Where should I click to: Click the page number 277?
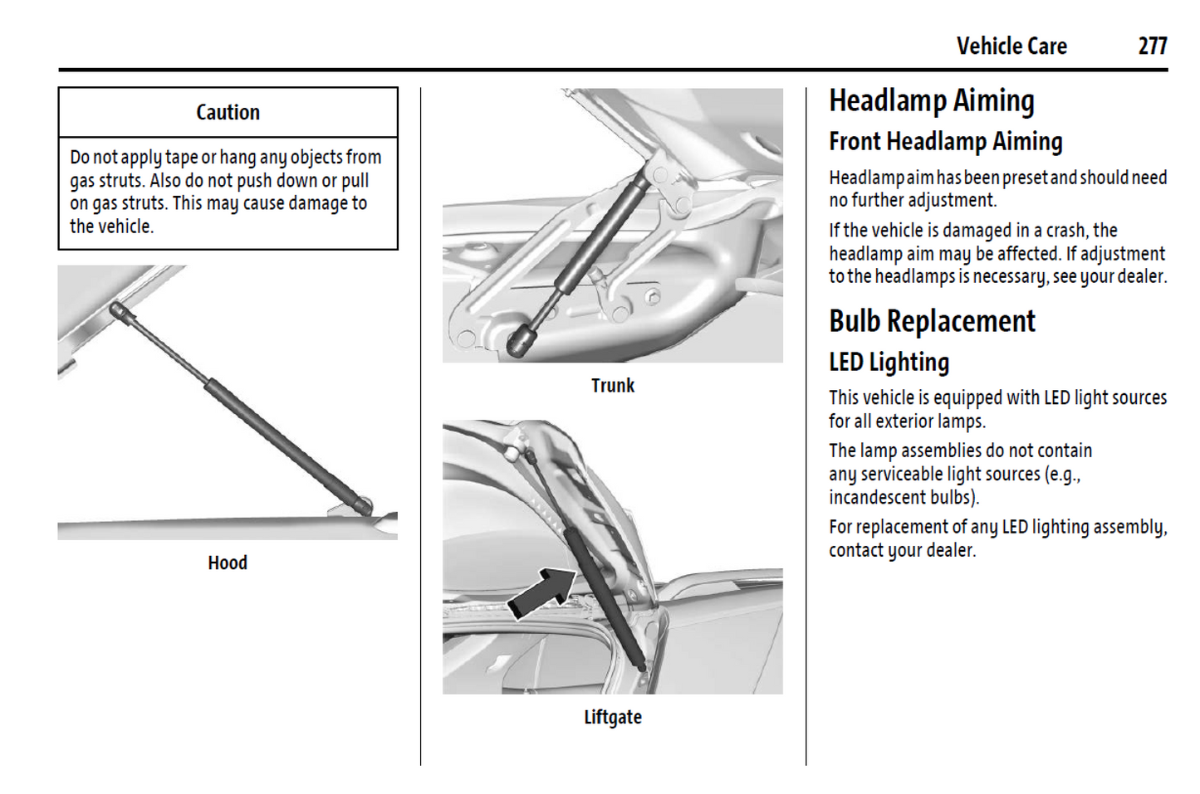1153,46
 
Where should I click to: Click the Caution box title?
228,112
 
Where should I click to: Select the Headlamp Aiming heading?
932,101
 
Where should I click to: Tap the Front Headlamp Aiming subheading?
946,142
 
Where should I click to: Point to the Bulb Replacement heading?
932,321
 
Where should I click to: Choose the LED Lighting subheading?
889,363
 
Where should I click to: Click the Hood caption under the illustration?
228,563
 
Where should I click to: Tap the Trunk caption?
613,386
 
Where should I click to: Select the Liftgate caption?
613,718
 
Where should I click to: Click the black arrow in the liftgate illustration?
542,593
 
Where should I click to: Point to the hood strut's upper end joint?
117,309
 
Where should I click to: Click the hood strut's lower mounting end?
363,506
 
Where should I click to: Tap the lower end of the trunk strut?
519,342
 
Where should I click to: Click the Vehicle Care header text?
1011,46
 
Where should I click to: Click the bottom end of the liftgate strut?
641,667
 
